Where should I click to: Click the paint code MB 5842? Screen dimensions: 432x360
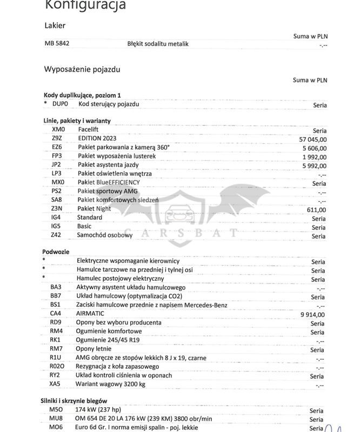point(57,44)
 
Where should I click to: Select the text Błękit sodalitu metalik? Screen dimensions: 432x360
point(158,44)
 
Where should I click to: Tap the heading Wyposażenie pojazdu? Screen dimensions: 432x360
point(82,69)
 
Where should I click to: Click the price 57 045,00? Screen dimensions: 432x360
point(313,139)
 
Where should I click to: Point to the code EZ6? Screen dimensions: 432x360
point(57,147)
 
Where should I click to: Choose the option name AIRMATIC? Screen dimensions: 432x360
point(91,314)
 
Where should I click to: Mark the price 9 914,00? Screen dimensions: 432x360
point(312,314)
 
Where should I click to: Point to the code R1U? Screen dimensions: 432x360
point(56,357)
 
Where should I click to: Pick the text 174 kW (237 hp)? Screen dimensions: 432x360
point(99,410)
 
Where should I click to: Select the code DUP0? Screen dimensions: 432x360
point(60,104)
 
